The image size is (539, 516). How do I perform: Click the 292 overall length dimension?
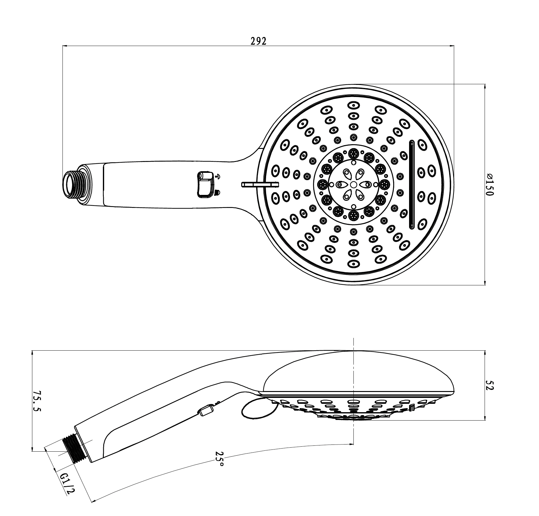258,41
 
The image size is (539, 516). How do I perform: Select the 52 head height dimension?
489,384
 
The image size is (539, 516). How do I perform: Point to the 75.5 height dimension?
37,401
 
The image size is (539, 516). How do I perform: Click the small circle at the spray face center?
353,184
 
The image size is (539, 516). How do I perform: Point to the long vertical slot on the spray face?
412,184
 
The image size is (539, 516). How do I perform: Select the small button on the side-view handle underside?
206,410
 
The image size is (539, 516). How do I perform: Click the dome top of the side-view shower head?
357,370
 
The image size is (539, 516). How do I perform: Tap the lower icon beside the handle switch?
217,193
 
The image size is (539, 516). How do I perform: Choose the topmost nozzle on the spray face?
353,105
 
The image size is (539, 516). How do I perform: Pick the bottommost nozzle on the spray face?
353,263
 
